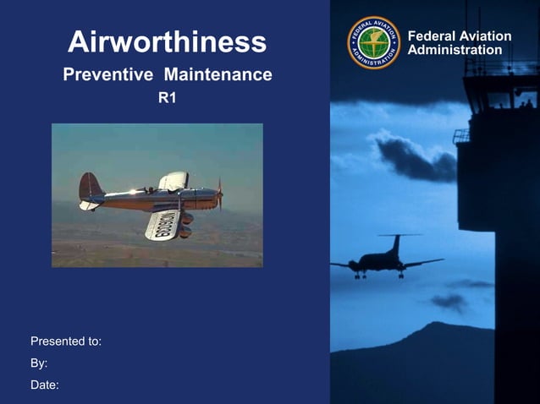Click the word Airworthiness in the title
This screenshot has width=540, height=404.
167,41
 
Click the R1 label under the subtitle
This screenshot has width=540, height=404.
167,98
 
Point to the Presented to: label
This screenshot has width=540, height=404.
66,341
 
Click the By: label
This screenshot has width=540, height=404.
39,363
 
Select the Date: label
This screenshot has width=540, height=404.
45,385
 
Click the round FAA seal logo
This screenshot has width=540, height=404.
373,42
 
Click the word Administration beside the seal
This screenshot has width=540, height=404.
455,50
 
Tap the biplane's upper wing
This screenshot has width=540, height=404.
174,180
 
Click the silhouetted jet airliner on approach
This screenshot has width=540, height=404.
385,262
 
